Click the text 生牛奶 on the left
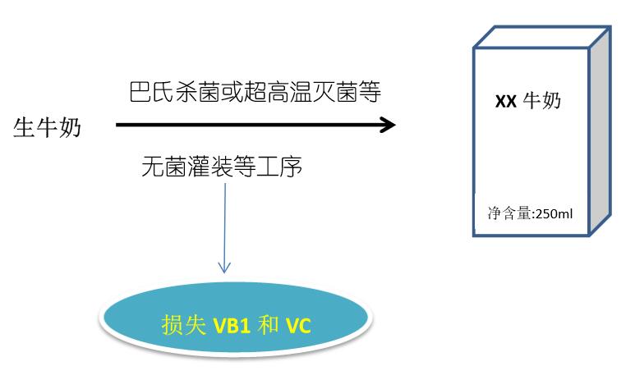(47, 127)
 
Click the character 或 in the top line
(224, 92)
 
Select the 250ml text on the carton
(554, 213)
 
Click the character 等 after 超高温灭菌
(370, 92)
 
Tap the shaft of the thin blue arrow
(224, 222)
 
